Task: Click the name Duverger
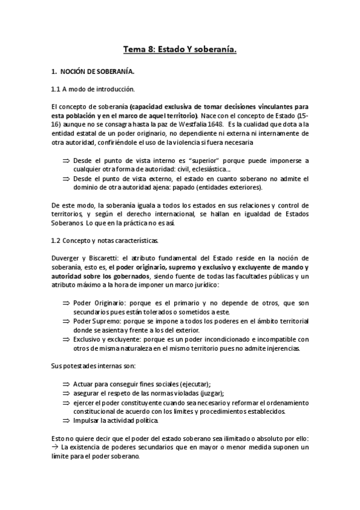tap(67, 258)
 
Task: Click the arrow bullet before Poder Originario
tap(66, 303)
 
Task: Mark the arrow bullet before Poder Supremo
tap(66, 321)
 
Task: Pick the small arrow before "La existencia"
tap(55, 447)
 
